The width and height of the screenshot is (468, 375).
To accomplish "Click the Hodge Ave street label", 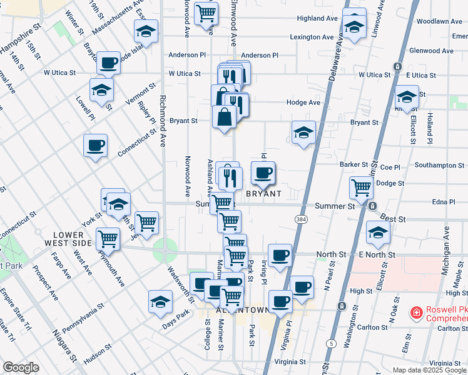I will [x=303, y=102].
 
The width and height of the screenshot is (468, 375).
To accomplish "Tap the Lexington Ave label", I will [x=312, y=37].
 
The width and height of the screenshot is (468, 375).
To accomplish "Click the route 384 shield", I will [x=301, y=219].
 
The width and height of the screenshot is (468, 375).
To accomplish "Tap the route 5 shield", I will [x=330, y=344].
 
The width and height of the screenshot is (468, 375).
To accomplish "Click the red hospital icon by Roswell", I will [x=415, y=312].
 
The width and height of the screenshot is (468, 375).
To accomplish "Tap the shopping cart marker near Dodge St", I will [x=361, y=187].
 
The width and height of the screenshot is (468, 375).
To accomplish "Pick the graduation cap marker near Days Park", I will [x=160, y=302].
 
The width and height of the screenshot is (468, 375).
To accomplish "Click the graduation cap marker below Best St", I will [x=378, y=233].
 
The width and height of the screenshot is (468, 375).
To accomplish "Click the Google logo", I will [x=21, y=368].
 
